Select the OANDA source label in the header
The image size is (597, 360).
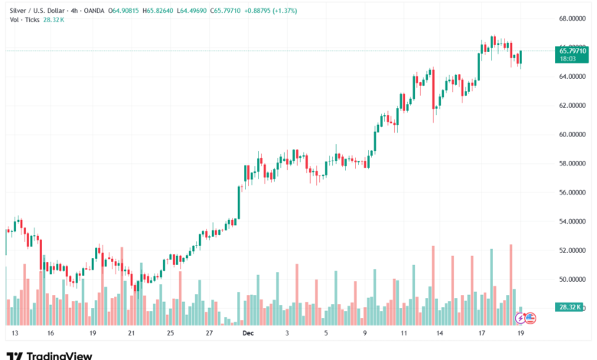tap(91, 11)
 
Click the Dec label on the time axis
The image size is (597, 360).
tap(248, 334)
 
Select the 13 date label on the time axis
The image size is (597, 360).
tap(14, 334)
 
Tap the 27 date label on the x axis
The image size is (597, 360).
tap(209, 334)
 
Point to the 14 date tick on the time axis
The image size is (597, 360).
tap(440, 334)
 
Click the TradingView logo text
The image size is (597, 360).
tap(59, 355)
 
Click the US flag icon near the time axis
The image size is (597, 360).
tap(530, 317)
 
